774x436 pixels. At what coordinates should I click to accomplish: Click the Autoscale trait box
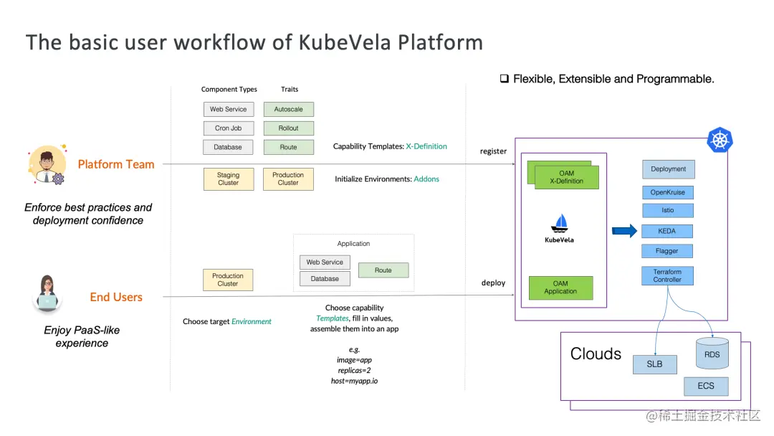point(288,109)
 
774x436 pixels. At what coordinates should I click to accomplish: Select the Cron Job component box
point(229,128)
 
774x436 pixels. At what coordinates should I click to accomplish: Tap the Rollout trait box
point(288,128)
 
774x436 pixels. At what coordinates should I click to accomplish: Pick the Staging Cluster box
point(229,179)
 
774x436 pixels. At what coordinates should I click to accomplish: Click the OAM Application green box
point(560,288)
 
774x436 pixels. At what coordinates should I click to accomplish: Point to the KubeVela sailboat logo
point(559,223)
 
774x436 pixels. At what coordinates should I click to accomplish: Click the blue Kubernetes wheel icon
point(720,140)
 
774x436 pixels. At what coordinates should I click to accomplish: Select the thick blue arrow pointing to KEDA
point(624,231)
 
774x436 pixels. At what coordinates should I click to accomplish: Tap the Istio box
point(667,210)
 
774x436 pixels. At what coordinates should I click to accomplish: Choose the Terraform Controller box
point(667,275)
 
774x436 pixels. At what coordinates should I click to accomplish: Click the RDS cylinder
point(712,353)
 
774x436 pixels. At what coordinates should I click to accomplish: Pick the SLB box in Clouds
point(654,364)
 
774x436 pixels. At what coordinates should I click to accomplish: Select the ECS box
point(706,386)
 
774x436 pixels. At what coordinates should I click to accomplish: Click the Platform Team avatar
point(47,165)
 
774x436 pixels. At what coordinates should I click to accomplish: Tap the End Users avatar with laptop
point(47,294)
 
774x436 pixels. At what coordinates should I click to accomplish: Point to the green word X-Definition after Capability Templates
point(426,146)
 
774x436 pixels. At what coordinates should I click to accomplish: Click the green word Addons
point(426,179)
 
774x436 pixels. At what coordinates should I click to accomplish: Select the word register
point(493,151)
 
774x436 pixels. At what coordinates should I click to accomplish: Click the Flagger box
point(667,251)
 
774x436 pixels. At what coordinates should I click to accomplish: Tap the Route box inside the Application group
point(383,270)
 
